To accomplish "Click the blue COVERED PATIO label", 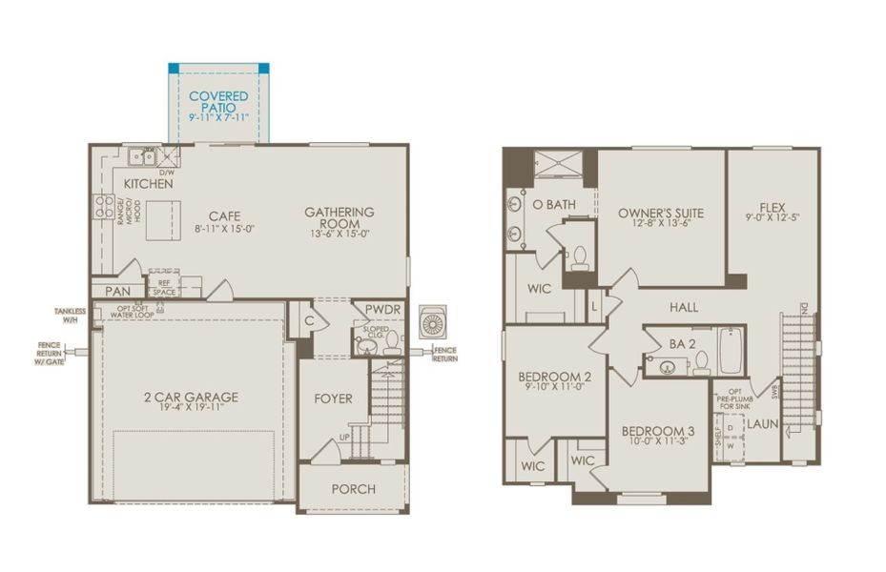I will tap(218, 102).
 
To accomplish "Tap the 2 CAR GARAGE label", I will tap(192, 397).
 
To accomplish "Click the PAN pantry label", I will tap(117, 291).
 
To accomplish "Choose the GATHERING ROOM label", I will tap(340, 217).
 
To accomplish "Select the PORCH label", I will tap(353, 489).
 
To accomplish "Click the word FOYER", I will tap(333, 398).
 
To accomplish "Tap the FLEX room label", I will tap(773, 208).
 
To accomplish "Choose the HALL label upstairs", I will tap(684, 307).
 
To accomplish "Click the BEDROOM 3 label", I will tap(658, 431).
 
